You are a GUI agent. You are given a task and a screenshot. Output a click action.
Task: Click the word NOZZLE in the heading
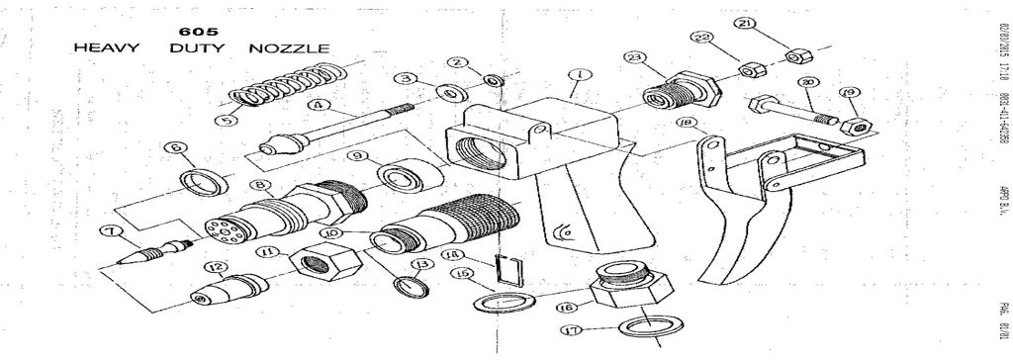click(288, 47)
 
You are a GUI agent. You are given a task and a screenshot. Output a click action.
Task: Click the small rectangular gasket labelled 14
click(506, 270)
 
